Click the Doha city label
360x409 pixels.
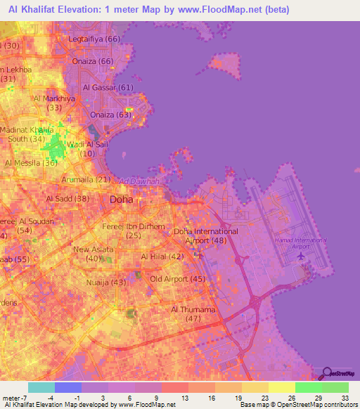(x=121, y=200)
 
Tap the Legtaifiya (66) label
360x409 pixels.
(x=94, y=39)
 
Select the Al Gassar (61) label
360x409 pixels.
(x=108, y=88)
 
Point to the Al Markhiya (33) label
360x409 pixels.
(x=54, y=103)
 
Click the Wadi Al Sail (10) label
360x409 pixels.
(x=88, y=148)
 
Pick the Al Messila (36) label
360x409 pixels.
(x=31, y=163)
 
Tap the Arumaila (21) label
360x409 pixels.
(x=86, y=180)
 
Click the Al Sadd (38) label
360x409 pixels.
(x=67, y=199)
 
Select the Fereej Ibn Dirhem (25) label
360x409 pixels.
(x=143, y=231)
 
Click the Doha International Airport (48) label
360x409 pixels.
(x=205, y=236)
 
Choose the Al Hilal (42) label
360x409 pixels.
(x=162, y=257)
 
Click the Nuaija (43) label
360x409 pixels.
(x=108, y=283)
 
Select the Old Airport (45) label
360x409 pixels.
(x=178, y=280)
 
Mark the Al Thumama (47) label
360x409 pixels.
(x=191, y=313)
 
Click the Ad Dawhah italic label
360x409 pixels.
(x=139, y=181)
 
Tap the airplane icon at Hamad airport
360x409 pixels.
(x=301, y=255)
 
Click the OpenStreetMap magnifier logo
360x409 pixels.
(x=327, y=372)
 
